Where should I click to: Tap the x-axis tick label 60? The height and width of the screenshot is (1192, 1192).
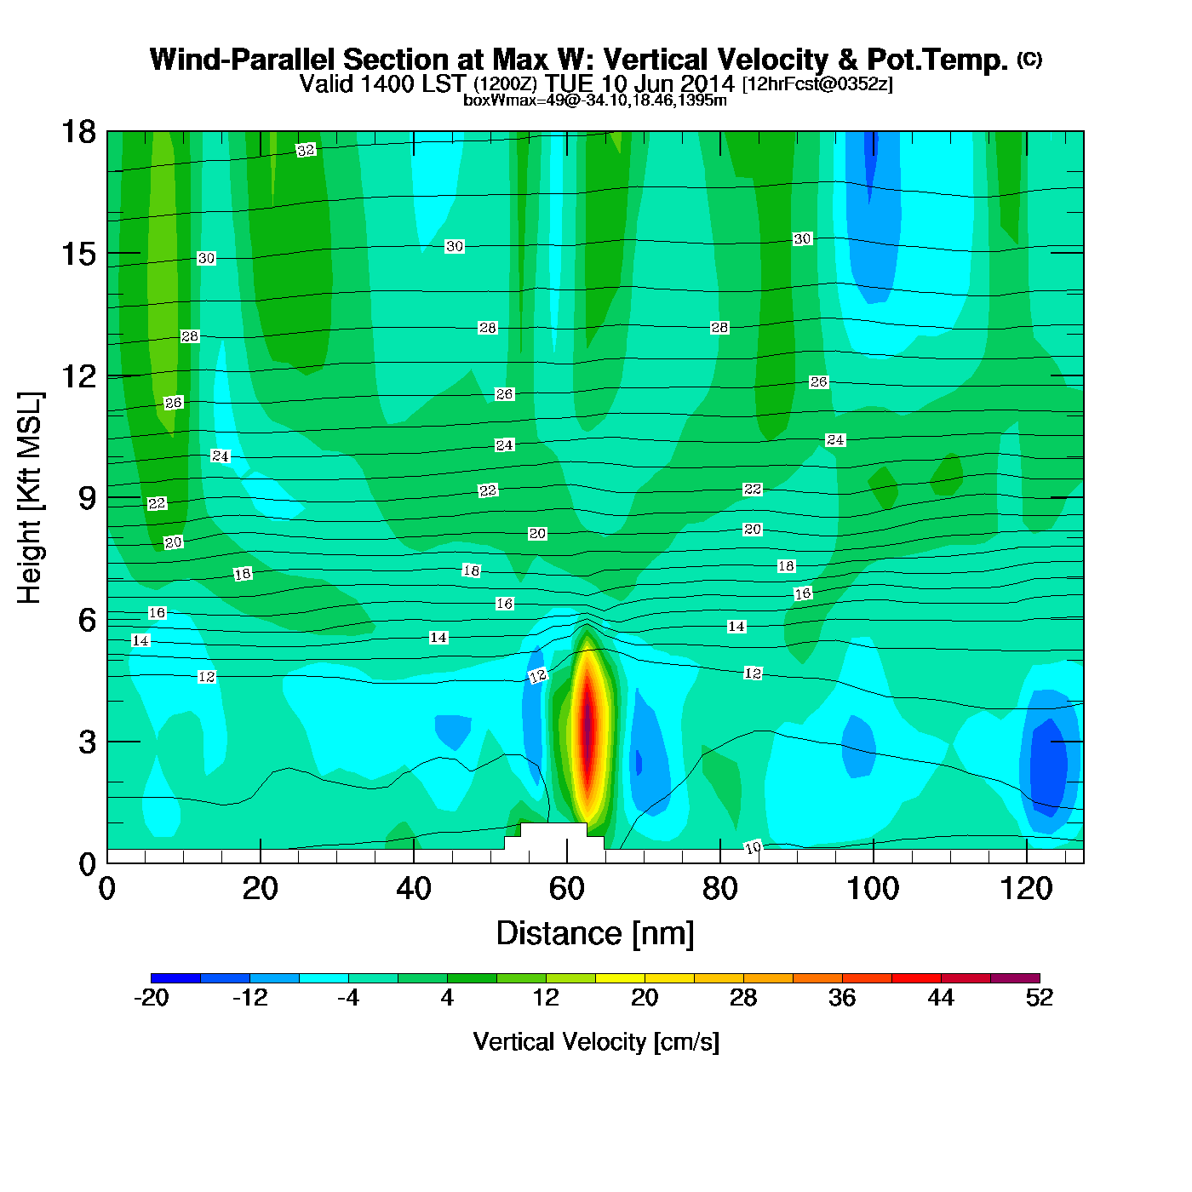pyautogui.click(x=566, y=889)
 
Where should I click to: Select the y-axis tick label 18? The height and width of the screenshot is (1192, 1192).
pyautogui.click(x=78, y=132)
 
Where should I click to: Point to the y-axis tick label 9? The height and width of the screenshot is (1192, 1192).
pyautogui.click(x=88, y=498)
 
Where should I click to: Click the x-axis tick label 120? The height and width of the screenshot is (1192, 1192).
pyautogui.click(x=1026, y=889)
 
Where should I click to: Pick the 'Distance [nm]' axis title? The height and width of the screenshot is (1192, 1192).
pyautogui.click(x=595, y=934)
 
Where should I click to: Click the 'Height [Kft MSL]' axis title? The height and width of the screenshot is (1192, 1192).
pyautogui.click(x=30, y=498)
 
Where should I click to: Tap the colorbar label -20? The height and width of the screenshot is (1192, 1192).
pyautogui.click(x=151, y=998)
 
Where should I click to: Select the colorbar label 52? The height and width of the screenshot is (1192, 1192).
pyautogui.click(x=1039, y=998)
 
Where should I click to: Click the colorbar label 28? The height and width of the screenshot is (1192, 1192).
pyautogui.click(x=743, y=998)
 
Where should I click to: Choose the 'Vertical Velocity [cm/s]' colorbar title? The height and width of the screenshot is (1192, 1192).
pyautogui.click(x=596, y=1042)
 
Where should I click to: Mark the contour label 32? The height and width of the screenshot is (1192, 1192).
pyautogui.click(x=306, y=151)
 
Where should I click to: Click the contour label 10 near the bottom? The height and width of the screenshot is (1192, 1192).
pyautogui.click(x=753, y=847)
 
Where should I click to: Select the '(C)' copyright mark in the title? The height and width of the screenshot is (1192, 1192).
pyautogui.click(x=1029, y=59)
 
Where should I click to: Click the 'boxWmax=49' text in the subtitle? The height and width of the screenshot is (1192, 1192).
pyautogui.click(x=502, y=100)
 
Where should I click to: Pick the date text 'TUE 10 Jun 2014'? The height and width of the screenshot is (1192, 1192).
pyautogui.click(x=640, y=83)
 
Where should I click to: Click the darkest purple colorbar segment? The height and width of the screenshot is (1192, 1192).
pyautogui.click(x=1015, y=978)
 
